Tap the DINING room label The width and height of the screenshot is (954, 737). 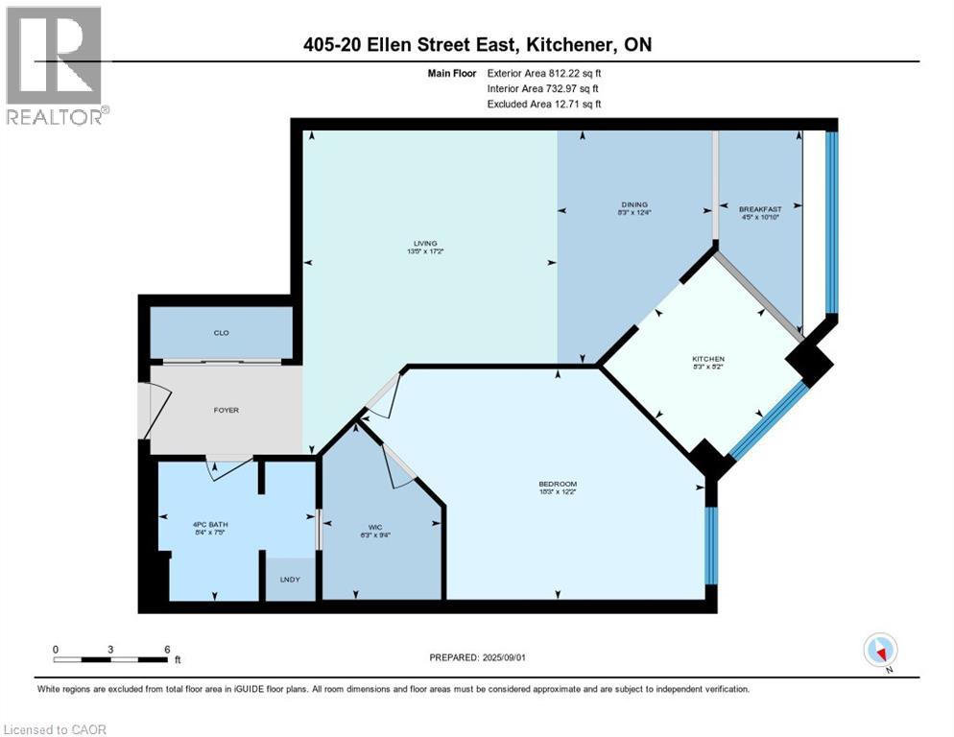(633, 204)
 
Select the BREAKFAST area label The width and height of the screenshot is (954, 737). (759, 209)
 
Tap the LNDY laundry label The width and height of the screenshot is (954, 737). (289, 580)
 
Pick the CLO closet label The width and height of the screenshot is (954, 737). (221, 333)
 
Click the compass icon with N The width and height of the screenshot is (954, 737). (880, 651)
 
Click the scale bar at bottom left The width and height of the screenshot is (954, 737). (110, 659)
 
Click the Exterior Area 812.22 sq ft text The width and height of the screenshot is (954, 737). (544, 72)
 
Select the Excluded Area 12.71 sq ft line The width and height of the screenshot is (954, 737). (544, 104)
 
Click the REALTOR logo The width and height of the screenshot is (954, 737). (55, 63)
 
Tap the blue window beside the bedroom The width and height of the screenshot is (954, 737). (710, 545)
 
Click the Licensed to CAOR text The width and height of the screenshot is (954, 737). (55, 729)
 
